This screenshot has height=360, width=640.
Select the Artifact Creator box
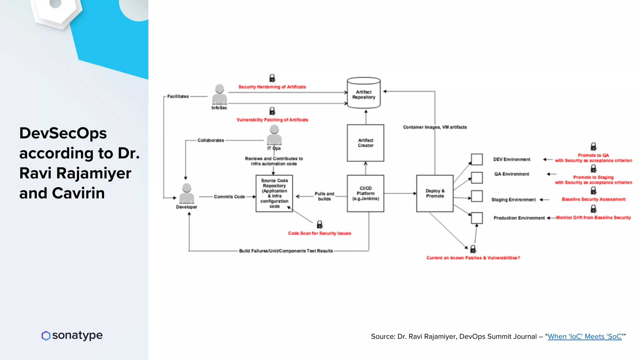[x=365, y=143]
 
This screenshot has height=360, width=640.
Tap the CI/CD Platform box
[x=365, y=193]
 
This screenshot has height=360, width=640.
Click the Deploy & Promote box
[x=435, y=193]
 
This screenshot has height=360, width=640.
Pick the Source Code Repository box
[x=274, y=193]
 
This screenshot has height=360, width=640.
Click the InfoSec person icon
[x=219, y=94]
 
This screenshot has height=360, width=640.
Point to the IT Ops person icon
[x=274, y=135]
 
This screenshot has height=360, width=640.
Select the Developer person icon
[x=187, y=193]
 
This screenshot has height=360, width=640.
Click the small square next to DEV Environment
[x=477, y=159]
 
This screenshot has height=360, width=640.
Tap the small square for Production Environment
[x=477, y=218]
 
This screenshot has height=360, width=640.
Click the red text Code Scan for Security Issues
[x=319, y=233]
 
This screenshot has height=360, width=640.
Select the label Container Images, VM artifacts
[x=435, y=127]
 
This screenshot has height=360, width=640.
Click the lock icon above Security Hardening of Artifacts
[x=272, y=78]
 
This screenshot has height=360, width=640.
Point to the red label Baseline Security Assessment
[x=593, y=199]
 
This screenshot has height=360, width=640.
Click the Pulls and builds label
[x=324, y=196]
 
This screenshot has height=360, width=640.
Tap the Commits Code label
[x=229, y=197]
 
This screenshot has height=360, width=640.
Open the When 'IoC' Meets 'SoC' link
[x=584, y=337]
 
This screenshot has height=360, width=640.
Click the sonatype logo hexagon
[x=46, y=336]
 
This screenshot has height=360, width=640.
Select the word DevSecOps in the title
[x=63, y=133]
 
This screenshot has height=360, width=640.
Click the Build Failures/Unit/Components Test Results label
[x=286, y=251]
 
